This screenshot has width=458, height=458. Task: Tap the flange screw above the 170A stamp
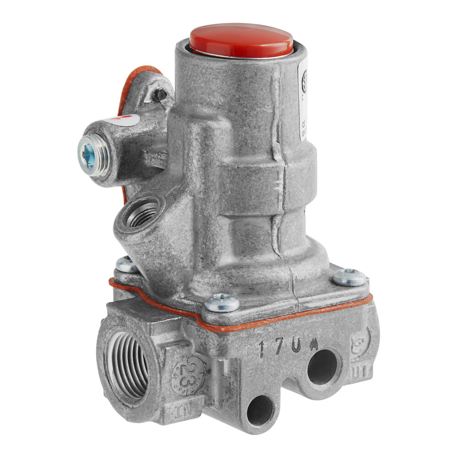pos(222,302)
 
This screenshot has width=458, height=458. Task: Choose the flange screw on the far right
pos(349,277)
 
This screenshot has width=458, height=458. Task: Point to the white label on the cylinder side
pos(303,101)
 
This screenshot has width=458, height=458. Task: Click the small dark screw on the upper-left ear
pos(159,95)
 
